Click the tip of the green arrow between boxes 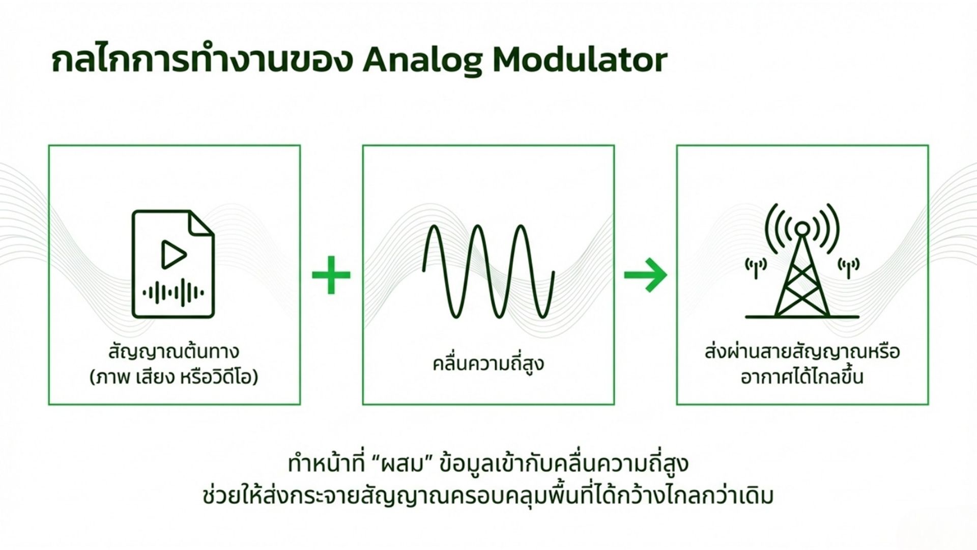click(666, 274)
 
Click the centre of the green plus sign click(331, 275)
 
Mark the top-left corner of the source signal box click(49, 146)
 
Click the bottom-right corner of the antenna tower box click(929, 405)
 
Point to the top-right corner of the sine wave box click(614, 146)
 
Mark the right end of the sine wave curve click(554, 273)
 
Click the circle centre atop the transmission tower click(802, 229)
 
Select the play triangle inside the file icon click(173, 255)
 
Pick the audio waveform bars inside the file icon click(173, 293)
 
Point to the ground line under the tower click(802, 317)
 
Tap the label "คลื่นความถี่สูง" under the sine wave click(488, 364)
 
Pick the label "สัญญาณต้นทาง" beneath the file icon click(174, 352)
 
